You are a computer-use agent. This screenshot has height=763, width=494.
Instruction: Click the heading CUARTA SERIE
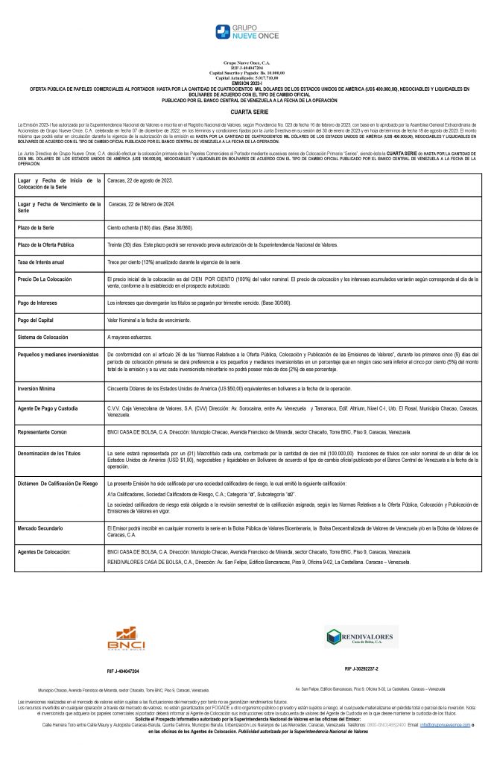tap(246, 110)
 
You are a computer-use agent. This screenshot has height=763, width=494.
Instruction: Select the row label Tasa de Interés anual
tap(40, 262)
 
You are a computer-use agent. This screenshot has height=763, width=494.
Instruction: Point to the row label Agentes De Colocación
tap(44, 551)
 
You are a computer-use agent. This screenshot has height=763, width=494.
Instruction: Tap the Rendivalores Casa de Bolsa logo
tap(361, 638)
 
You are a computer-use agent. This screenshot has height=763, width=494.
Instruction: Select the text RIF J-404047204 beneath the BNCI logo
tap(123, 671)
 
